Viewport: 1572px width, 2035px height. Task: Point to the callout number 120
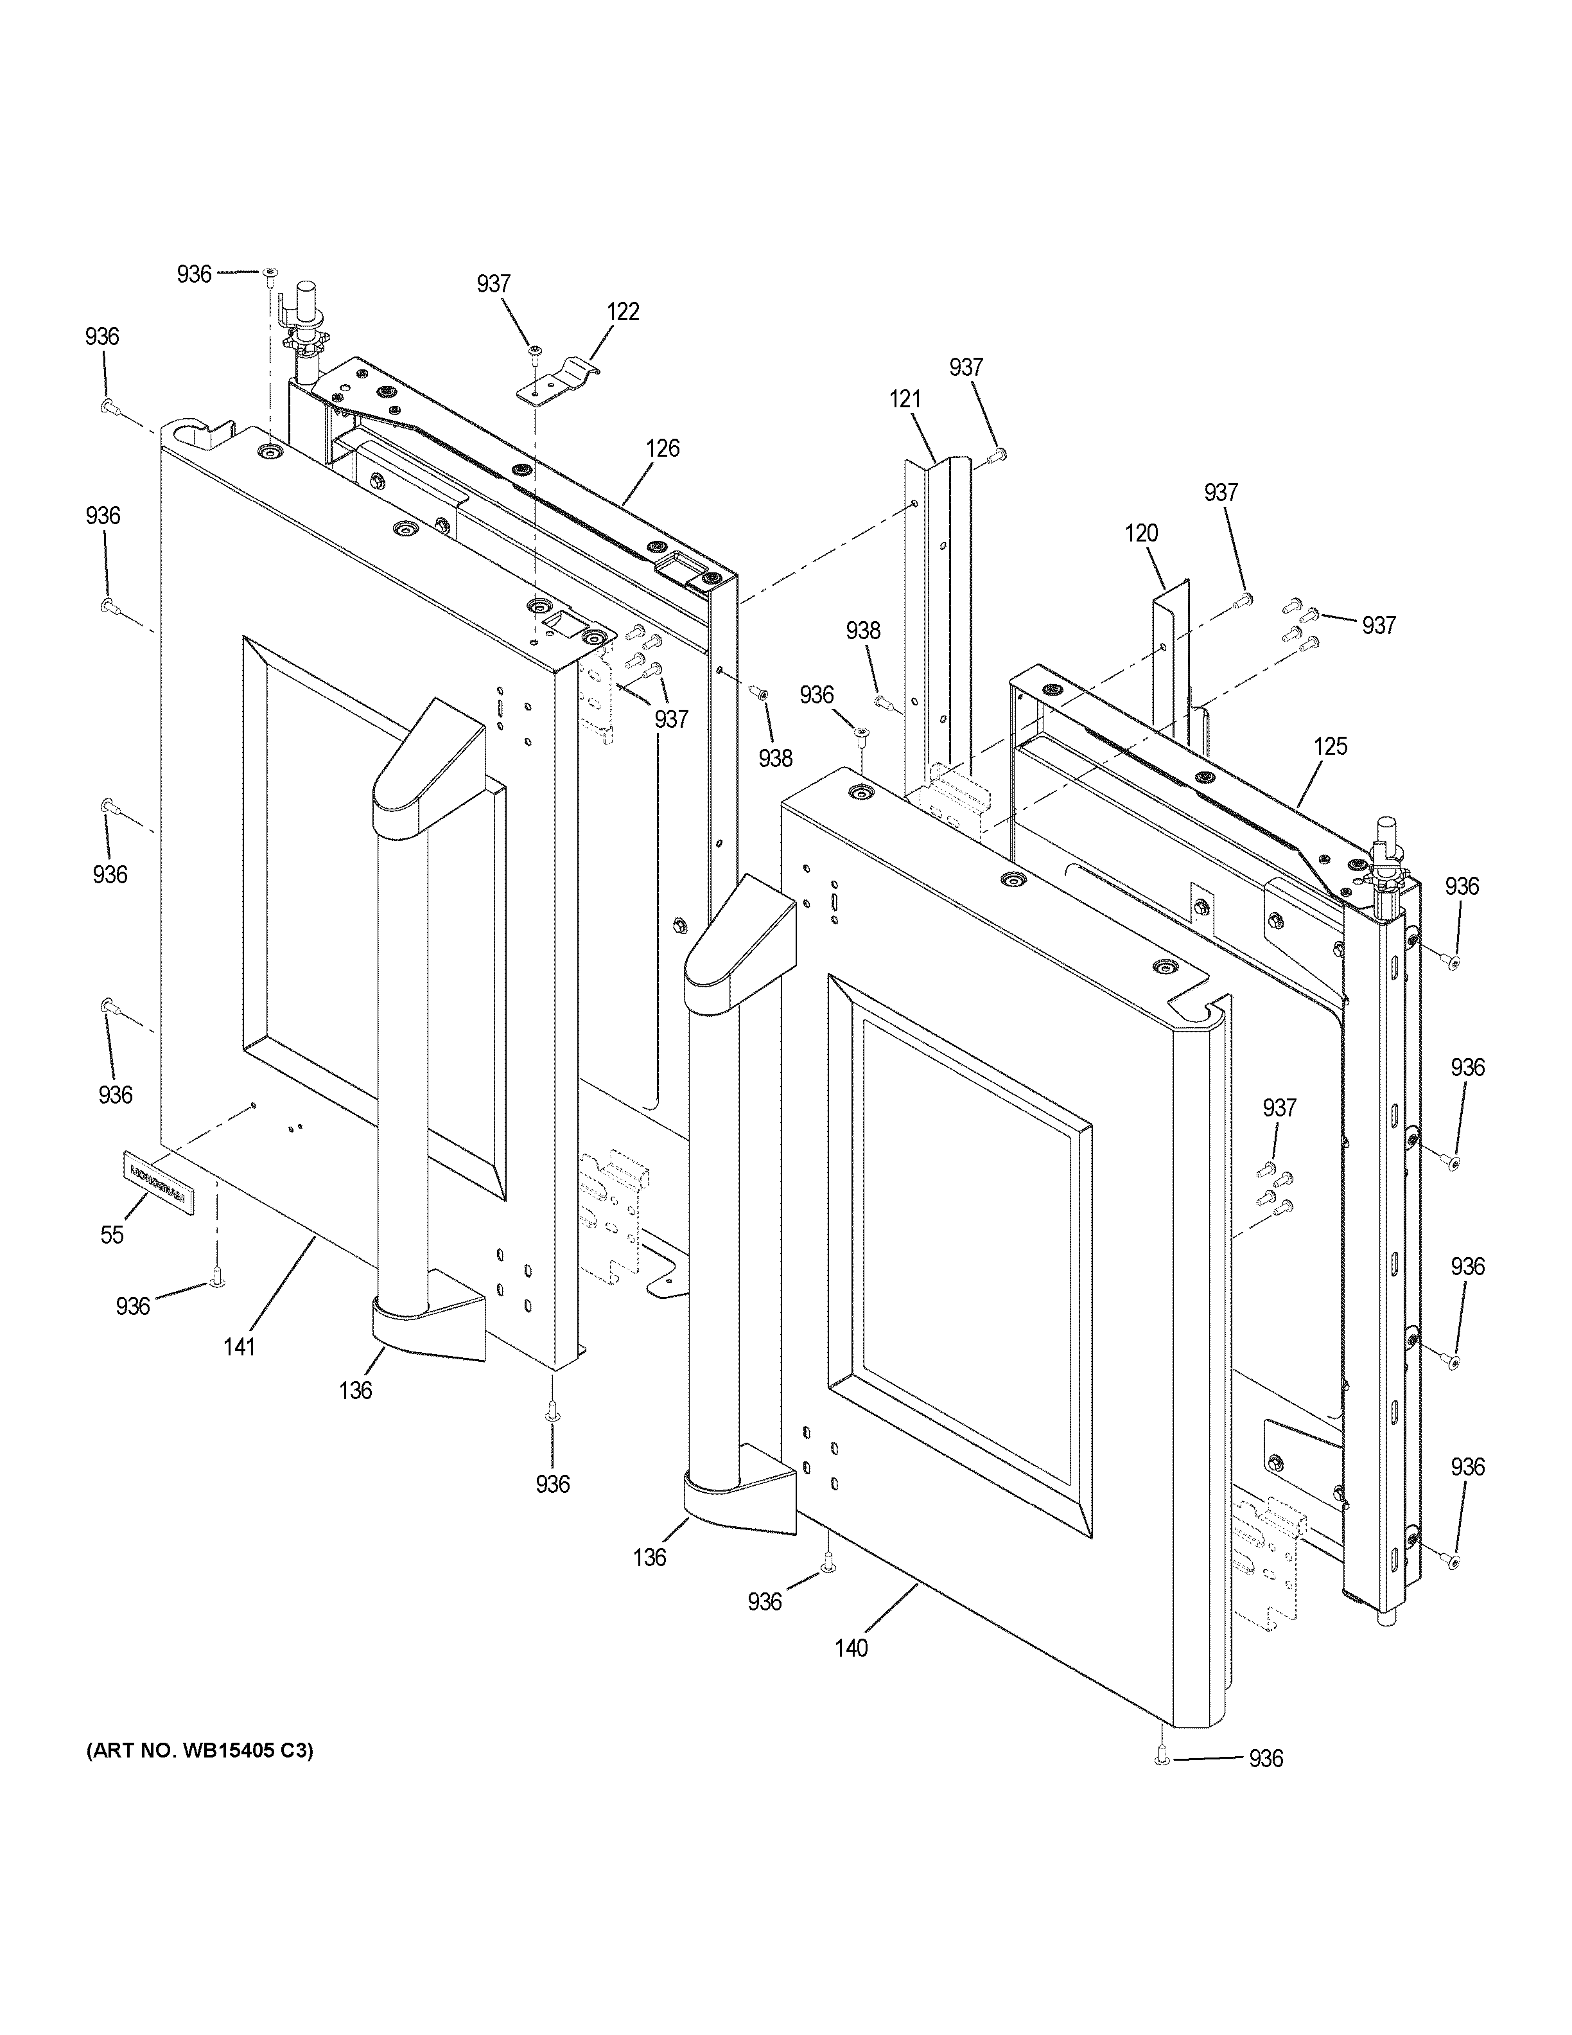(x=1141, y=534)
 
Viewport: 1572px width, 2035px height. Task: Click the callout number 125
(x=1330, y=746)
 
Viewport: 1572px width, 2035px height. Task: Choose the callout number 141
(x=240, y=1346)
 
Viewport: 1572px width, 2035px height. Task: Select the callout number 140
(x=852, y=1648)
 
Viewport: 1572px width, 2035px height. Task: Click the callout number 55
(x=112, y=1235)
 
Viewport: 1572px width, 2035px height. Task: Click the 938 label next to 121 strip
(x=862, y=631)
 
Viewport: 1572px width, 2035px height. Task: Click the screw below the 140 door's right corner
(x=1161, y=1756)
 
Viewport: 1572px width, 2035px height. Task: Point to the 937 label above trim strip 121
(x=966, y=367)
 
